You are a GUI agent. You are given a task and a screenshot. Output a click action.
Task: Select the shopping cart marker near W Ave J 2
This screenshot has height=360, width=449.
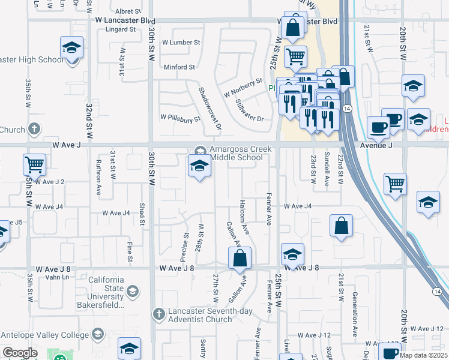pos(35,164)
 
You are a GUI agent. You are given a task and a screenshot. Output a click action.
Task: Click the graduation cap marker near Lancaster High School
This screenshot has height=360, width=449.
pos(71,47)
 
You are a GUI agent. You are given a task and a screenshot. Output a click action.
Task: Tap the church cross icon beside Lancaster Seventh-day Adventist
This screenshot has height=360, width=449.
pos(158,313)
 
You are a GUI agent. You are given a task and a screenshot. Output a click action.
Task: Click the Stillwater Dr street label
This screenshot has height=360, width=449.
pos(250,111)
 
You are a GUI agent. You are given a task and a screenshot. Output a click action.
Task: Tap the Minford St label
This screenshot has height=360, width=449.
pos(179,67)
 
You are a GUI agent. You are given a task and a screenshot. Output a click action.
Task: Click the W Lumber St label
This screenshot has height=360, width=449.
pos(181,43)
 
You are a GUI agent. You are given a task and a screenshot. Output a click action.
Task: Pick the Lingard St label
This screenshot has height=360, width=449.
pos(121,29)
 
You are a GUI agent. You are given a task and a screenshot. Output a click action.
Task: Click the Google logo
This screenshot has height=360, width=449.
pos(20,353)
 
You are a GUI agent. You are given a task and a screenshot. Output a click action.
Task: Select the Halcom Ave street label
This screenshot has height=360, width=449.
pos(245,217)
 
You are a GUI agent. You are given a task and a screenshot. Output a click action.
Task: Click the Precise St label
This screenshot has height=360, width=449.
pos(185,247)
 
